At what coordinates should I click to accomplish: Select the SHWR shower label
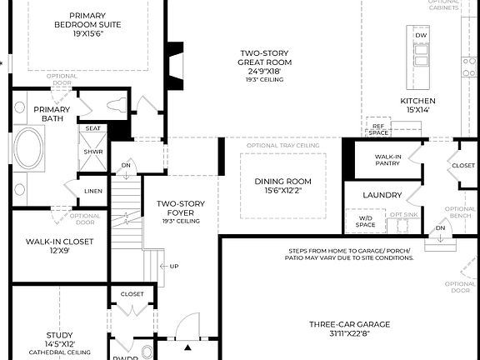pyautogui.click(x=92, y=152)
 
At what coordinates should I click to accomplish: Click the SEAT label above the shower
pyautogui.click(x=92, y=128)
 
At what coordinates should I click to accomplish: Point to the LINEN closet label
pyautogui.click(x=94, y=191)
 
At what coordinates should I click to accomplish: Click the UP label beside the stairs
pyautogui.click(x=174, y=266)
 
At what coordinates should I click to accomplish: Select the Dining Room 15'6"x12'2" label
pyautogui.click(x=282, y=186)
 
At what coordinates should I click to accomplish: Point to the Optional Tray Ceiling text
pyautogui.click(x=283, y=146)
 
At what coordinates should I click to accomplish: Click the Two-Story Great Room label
pyautogui.click(x=263, y=65)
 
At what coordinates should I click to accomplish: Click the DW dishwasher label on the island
pyautogui.click(x=421, y=36)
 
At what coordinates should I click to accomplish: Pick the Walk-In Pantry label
pyautogui.click(x=387, y=160)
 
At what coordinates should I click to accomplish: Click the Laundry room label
pyautogui.click(x=382, y=195)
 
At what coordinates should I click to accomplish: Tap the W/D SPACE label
pyautogui.click(x=366, y=222)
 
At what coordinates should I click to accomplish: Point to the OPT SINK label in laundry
pyautogui.click(x=402, y=214)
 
